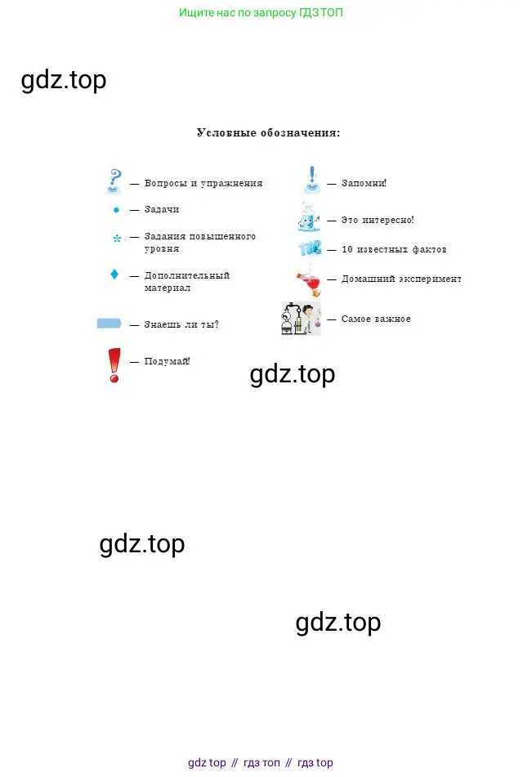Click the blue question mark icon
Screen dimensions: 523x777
(114, 181)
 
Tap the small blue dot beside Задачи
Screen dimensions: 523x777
(116, 210)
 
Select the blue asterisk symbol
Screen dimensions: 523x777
(117, 239)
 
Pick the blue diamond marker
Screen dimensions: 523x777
(114, 274)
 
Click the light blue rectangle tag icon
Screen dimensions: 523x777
(109, 324)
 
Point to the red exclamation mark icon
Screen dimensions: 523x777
(114, 365)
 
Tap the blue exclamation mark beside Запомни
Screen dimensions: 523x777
(312, 180)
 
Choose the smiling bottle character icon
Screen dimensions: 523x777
(309, 218)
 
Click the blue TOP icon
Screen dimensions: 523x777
(311, 248)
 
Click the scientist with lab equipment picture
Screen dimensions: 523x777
(301, 319)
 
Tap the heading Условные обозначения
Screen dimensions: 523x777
(268, 133)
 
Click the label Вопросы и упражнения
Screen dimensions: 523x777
(203, 183)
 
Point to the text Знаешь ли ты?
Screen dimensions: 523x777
(181, 324)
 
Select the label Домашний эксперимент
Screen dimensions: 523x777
(401, 279)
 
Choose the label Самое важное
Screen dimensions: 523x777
(376, 319)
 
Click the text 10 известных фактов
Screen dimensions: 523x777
(394, 249)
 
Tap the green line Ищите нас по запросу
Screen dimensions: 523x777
(261, 12)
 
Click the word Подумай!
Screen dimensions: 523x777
(167, 361)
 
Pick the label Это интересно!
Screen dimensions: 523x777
(378, 220)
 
